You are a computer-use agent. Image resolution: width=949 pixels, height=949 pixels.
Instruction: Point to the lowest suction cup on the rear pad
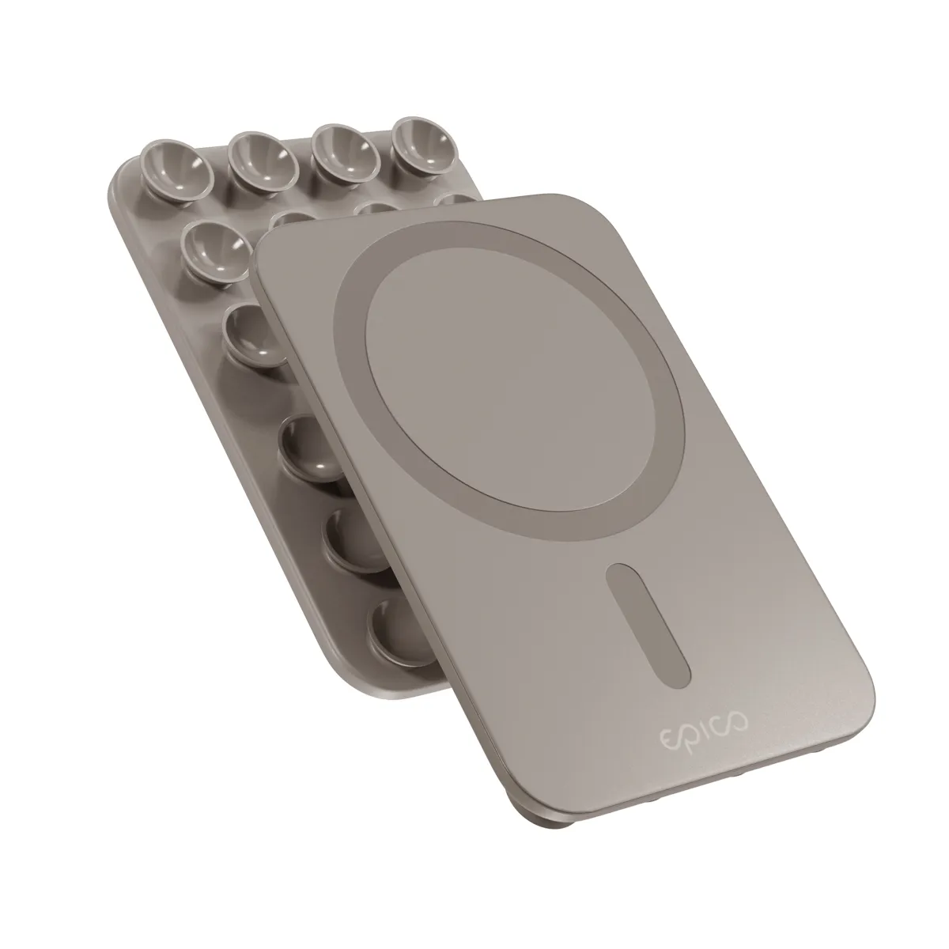tap(400, 633)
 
